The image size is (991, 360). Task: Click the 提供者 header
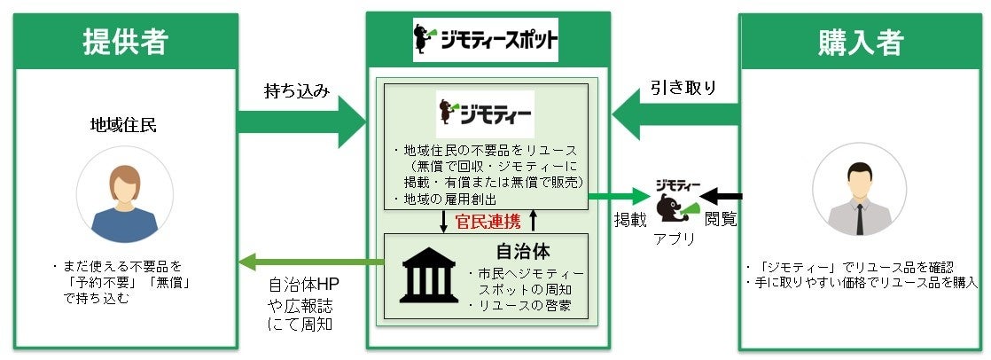point(124,41)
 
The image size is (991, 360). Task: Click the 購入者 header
point(861,41)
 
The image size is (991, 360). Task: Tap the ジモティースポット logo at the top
point(487,40)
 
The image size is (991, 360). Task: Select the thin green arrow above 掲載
point(620,197)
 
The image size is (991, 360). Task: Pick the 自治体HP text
point(301,288)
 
